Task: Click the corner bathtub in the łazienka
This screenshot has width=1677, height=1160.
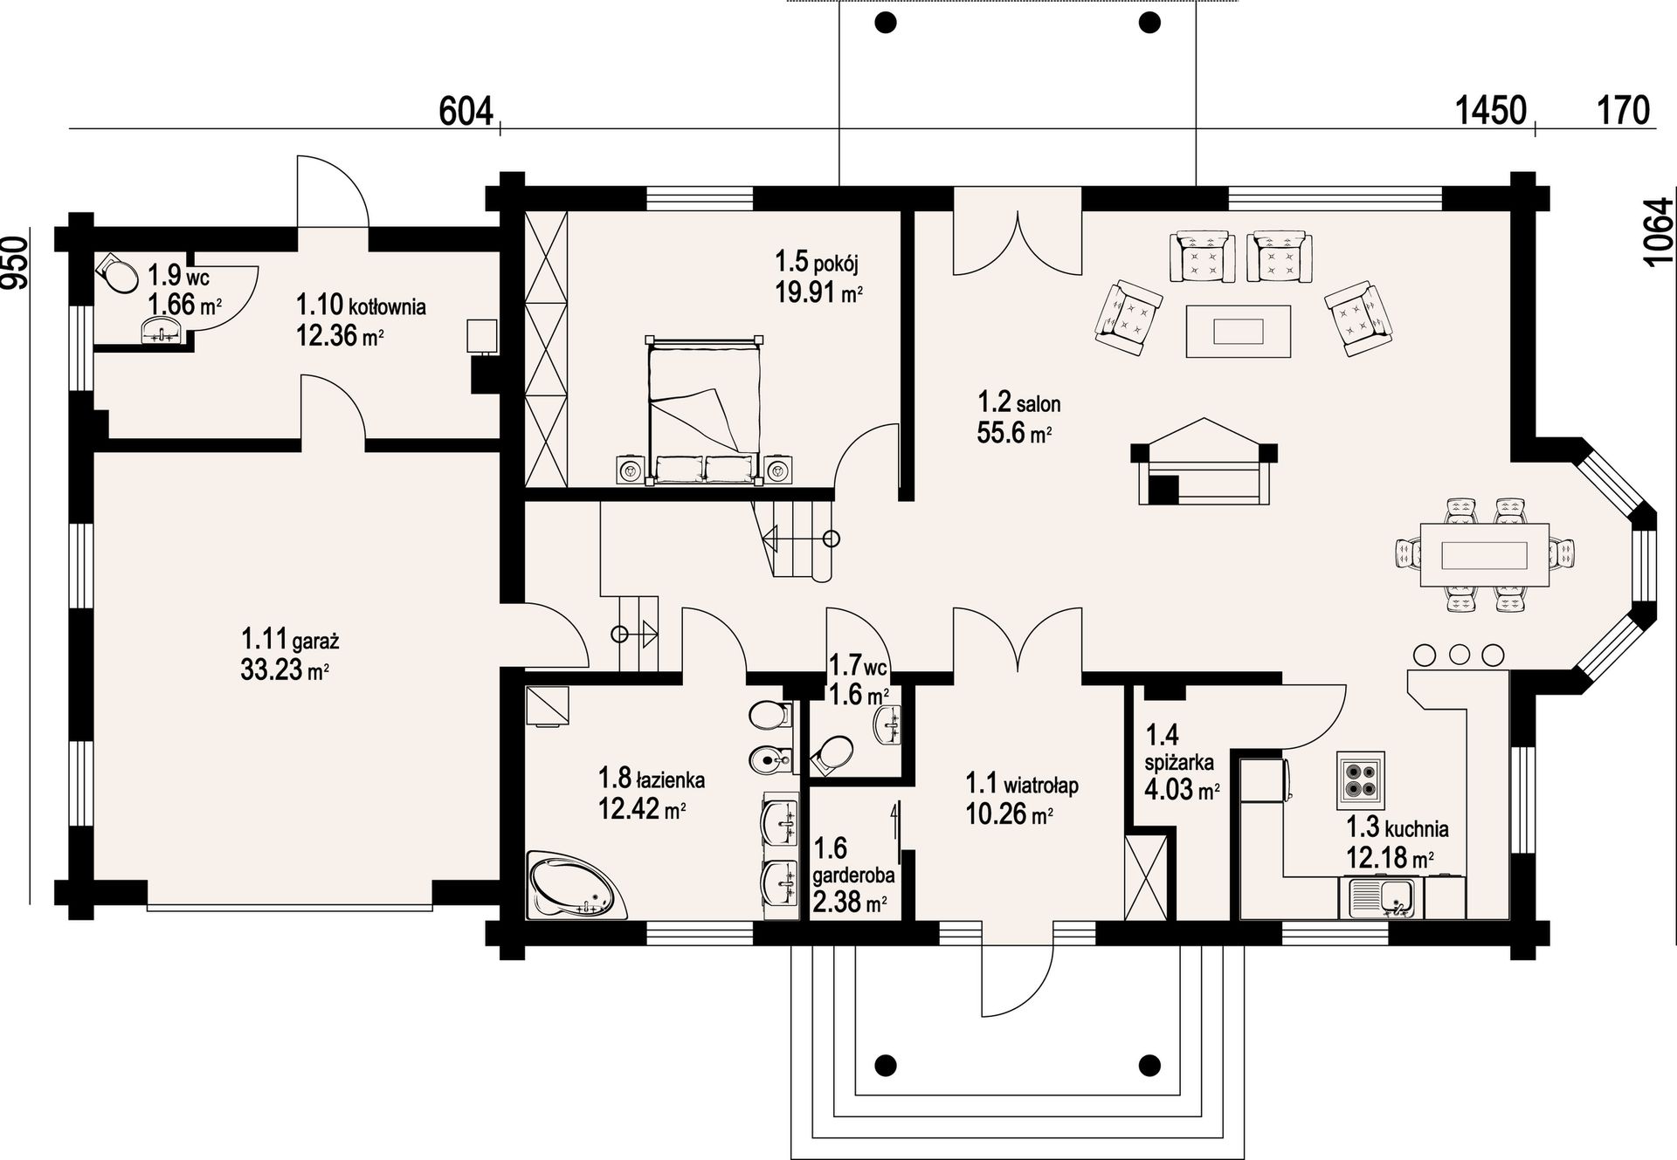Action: pos(577,885)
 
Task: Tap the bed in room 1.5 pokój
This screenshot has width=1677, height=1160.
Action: pos(703,409)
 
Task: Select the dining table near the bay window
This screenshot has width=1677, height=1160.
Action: pos(1484,555)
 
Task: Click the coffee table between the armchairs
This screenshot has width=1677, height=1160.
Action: pos(1238,331)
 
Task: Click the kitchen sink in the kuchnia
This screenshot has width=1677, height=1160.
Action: pos(1385,898)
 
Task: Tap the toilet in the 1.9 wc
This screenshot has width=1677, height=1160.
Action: pos(116,274)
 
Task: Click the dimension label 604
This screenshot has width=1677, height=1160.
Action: pos(466,112)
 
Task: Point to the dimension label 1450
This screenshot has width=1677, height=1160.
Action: pos(1490,112)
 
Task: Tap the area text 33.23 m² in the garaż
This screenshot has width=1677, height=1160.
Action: pos(285,670)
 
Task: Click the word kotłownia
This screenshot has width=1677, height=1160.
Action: pos(387,306)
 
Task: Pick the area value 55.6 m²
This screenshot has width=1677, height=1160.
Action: pos(1014,432)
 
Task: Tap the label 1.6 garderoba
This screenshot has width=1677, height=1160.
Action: pos(853,861)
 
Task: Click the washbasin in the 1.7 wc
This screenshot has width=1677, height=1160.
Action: pos(888,724)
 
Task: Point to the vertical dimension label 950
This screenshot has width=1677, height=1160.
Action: pos(15,262)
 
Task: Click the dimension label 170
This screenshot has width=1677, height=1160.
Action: pos(1624,112)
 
